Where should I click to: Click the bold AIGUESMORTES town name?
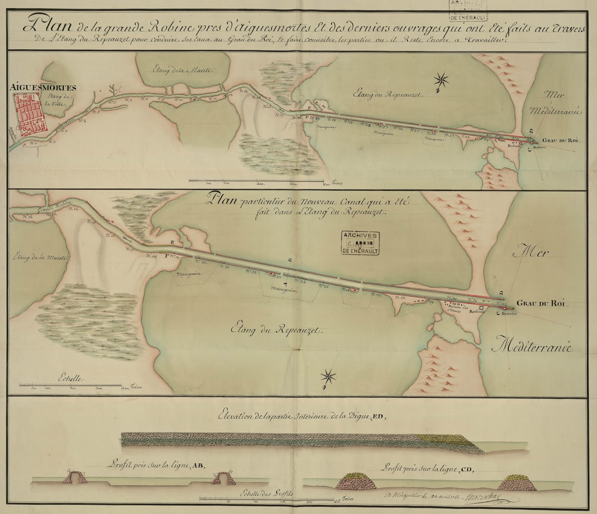44,88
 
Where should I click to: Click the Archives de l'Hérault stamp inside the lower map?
360,243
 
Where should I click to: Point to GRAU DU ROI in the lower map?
542,304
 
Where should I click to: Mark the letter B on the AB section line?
290,260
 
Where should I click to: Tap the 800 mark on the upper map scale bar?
323,184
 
